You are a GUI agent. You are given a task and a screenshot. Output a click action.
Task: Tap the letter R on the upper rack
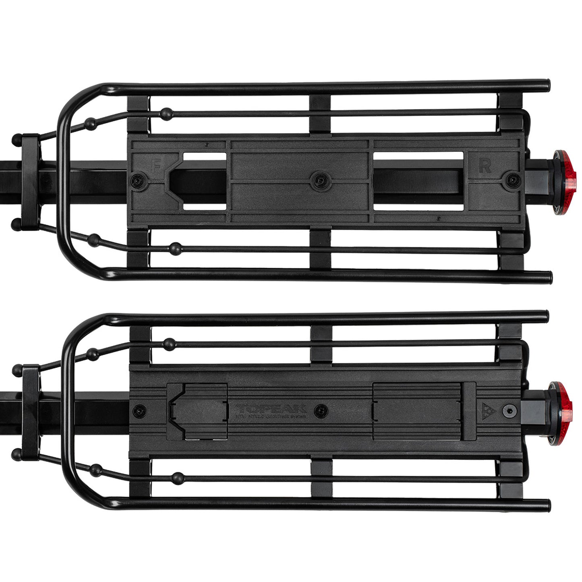(x=485, y=166)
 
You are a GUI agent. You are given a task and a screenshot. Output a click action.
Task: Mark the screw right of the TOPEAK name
(x=321, y=410)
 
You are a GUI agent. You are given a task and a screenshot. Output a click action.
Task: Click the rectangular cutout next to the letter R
(x=419, y=181)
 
